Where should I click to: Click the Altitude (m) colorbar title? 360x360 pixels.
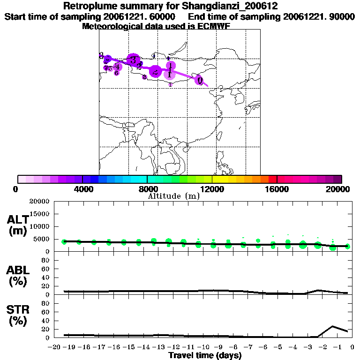point(173,196)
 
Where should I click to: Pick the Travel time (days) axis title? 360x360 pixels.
point(205,356)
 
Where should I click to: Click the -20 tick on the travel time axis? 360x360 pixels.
point(55,347)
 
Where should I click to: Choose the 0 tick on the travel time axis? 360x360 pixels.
point(352,347)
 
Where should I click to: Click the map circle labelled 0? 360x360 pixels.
point(200,80)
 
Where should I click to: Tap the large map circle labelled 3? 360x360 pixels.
point(134,60)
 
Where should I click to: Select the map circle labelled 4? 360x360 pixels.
point(117,67)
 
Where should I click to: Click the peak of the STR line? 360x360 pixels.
point(333,326)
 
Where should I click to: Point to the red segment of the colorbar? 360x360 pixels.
point(273,179)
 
